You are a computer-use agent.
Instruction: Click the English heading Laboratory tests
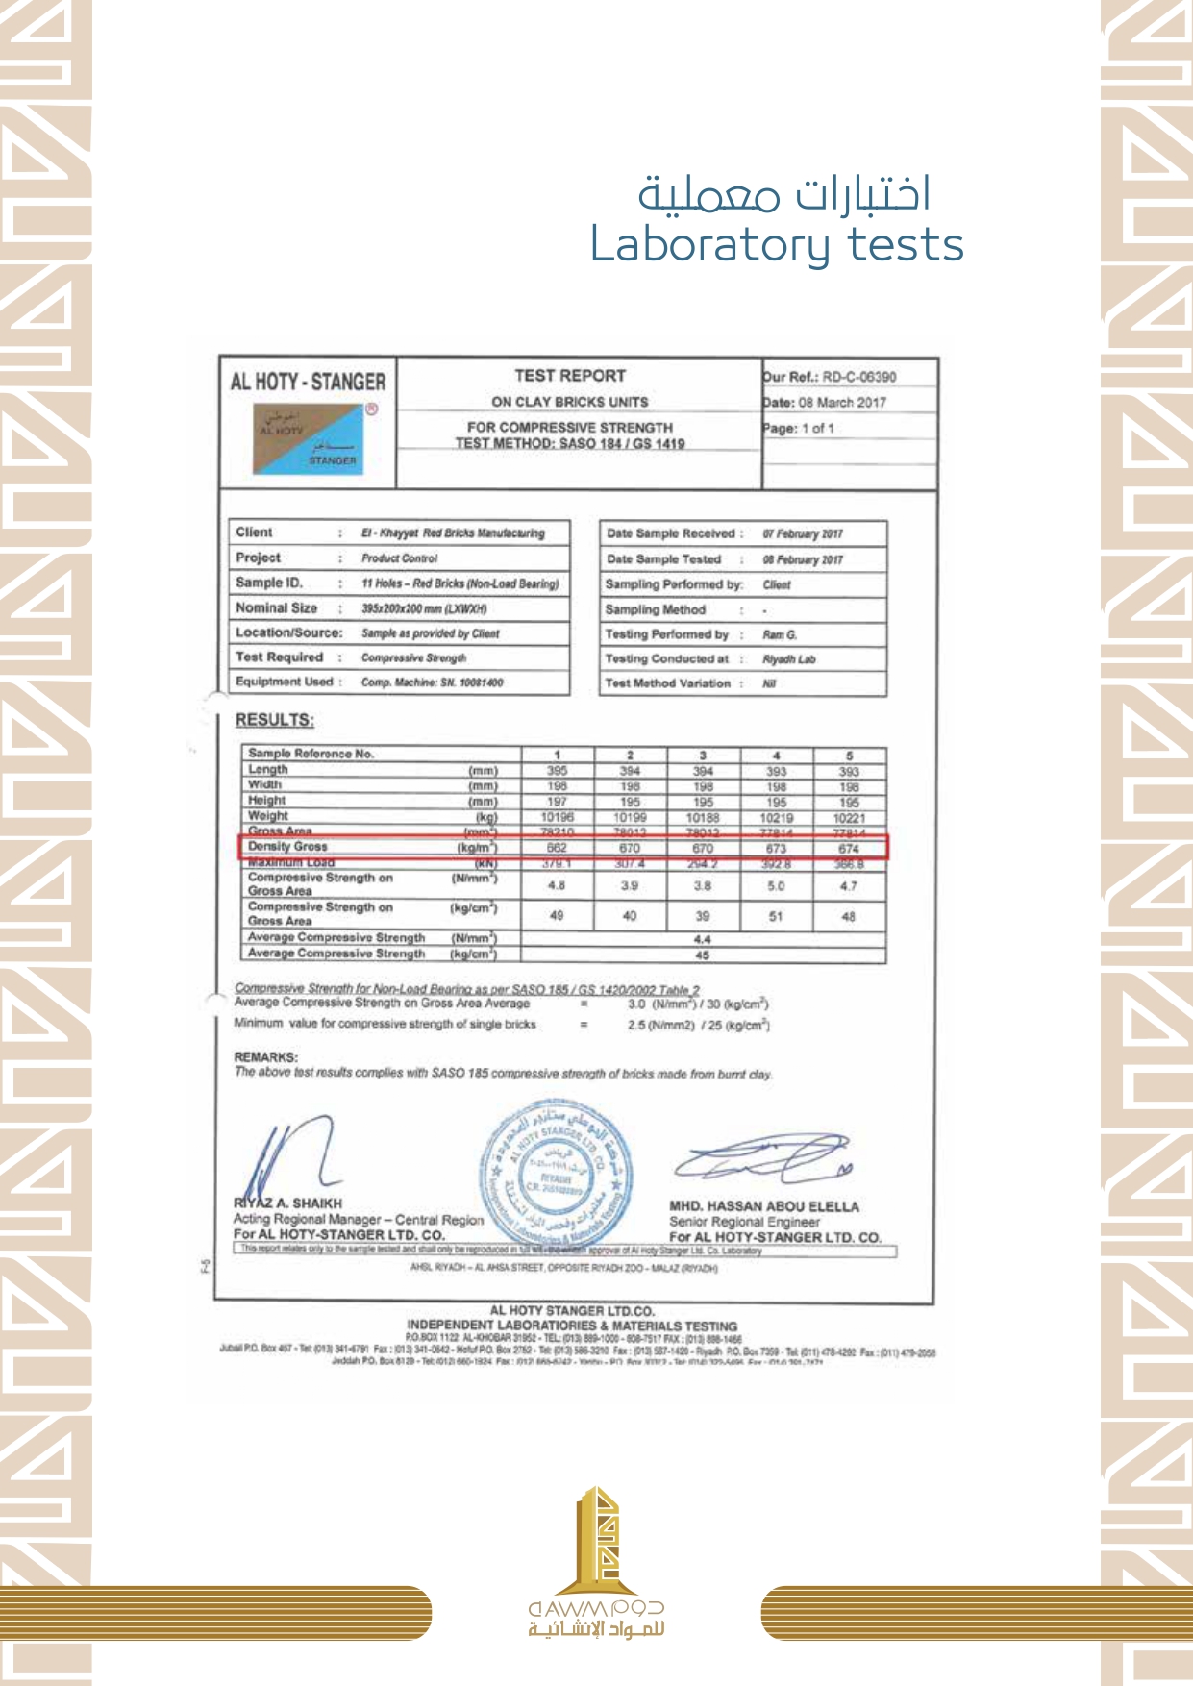776,244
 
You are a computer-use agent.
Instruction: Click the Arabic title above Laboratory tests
783,193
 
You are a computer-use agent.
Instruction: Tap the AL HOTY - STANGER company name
308,382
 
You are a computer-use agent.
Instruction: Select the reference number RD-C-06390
858,377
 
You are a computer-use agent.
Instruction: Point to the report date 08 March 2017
842,403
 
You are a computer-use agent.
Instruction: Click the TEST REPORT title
570,376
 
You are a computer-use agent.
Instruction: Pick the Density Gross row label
287,847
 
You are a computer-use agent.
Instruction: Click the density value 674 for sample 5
849,849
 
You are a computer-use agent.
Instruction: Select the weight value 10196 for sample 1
557,817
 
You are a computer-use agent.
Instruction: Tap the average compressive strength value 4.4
702,939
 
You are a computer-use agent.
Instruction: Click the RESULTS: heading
275,720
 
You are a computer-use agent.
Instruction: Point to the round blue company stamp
557,1172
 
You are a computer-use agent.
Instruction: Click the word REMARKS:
266,1057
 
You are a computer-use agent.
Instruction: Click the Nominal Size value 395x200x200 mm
424,609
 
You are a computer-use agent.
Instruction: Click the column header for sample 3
703,756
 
